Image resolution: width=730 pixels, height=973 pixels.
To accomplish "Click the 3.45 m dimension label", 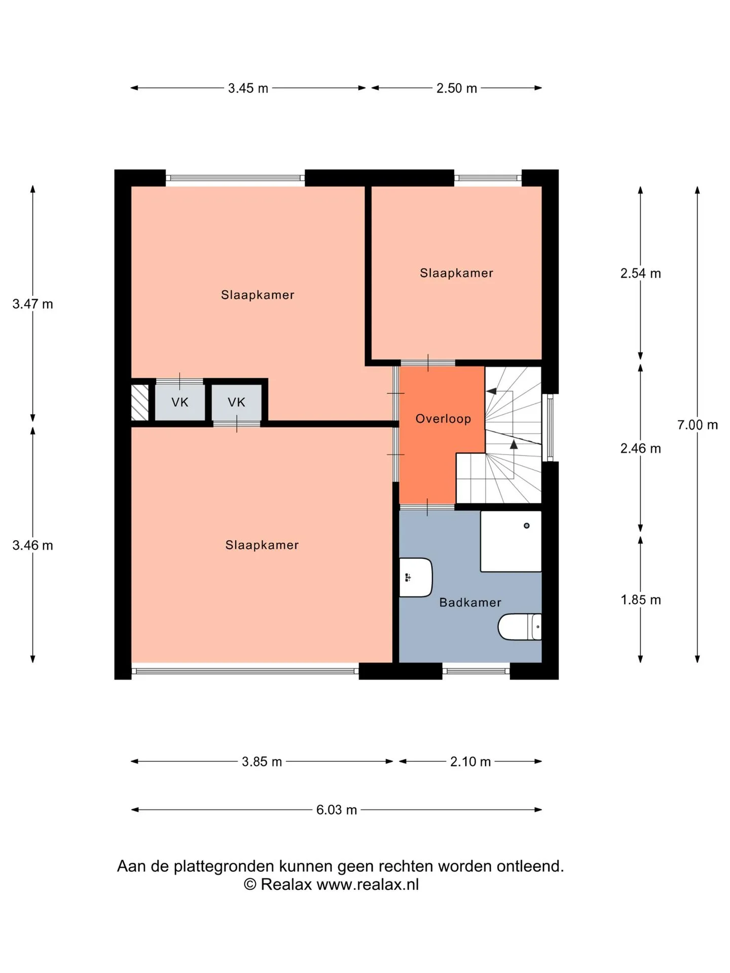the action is [248, 88].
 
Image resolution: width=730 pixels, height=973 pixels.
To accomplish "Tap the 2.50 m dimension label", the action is [457, 88].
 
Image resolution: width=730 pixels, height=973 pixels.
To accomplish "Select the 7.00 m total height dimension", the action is [698, 425].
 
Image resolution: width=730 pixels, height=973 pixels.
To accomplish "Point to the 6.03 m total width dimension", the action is [337, 810].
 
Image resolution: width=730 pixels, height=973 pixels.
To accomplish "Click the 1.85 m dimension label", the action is [641, 600].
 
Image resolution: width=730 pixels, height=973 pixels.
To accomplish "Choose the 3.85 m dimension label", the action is [262, 762].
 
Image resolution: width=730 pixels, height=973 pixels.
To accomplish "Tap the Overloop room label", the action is [443, 419].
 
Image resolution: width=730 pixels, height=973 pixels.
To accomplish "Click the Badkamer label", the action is [470, 603].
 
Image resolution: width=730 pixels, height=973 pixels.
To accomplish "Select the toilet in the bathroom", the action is [520, 627].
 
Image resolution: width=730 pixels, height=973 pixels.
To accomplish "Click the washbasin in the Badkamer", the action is [416, 577].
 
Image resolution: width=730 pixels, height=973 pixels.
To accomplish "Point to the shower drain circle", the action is [527, 526].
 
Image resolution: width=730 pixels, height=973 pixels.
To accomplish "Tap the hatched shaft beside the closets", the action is [140, 403].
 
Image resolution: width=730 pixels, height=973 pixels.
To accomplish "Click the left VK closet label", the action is [180, 402].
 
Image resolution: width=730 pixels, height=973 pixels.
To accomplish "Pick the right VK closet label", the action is [236, 402].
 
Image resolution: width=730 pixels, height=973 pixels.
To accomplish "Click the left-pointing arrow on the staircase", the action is [491, 391].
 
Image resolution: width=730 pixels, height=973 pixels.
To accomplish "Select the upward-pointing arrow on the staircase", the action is [514, 444].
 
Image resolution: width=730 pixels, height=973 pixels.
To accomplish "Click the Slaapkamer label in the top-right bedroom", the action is [456, 273].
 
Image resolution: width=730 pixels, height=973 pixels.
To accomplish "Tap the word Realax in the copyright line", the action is [286, 885].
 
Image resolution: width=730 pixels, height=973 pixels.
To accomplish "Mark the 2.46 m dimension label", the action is [641, 448].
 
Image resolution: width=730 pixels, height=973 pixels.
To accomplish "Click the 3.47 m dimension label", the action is [33, 304].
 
